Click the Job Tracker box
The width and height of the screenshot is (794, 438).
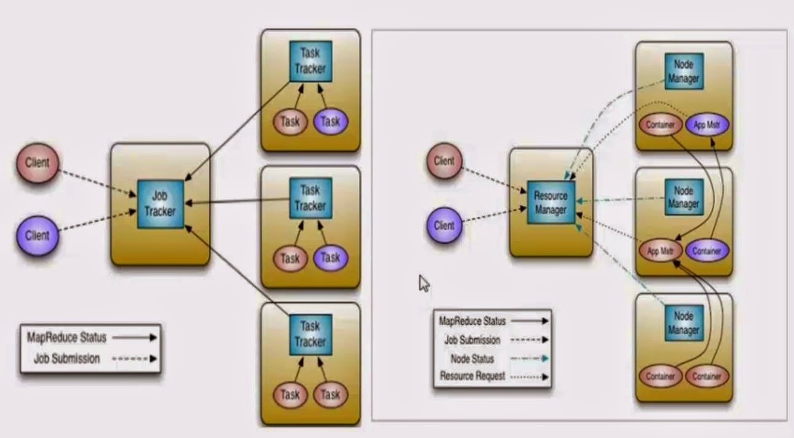click(x=160, y=205)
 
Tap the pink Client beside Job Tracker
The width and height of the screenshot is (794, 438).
click(x=38, y=163)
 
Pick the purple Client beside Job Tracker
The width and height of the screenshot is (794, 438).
click(x=38, y=235)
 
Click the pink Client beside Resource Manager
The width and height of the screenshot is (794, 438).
click(x=444, y=161)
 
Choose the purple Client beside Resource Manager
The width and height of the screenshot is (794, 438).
click(x=444, y=225)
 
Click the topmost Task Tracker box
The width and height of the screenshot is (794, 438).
click(x=310, y=61)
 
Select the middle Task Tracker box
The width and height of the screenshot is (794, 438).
click(x=310, y=198)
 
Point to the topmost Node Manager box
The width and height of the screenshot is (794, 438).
click(x=683, y=71)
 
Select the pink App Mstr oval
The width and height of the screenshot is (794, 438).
click(x=661, y=251)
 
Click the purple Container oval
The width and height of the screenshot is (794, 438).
click(x=707, y=251)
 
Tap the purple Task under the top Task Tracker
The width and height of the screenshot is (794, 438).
click(x=330, y=122)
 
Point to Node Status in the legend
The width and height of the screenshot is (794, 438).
click(x=472, y=358)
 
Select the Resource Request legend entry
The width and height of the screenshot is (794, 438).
click(x=473, y=375)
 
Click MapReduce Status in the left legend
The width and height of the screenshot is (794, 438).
click(x=66, y=337)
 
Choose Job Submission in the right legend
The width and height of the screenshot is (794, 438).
click(x=472, y=340)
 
